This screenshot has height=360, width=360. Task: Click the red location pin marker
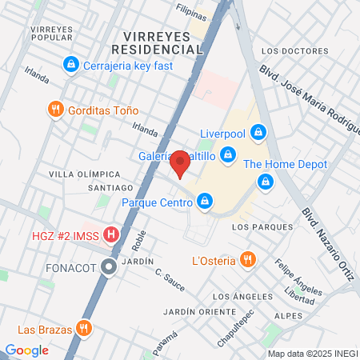point(180,163)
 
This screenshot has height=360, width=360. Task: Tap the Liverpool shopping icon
point(258,131)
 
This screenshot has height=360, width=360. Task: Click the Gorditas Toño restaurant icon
point(55,110)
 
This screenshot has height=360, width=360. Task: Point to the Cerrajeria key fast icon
point(71,64)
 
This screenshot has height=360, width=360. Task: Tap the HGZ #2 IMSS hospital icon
point(112,235)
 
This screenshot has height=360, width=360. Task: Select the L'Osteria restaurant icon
point(248,260)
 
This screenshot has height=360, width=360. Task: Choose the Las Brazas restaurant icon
point(82,328)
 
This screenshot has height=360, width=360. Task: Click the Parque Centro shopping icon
point(206,202)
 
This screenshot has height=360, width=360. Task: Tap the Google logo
point(26,350)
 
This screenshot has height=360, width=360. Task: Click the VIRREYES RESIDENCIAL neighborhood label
point(163,42)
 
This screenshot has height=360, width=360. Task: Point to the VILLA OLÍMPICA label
point(84,174)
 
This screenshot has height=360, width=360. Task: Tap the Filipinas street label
point(191,14)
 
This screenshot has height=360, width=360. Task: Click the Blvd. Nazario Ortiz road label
point(327,245)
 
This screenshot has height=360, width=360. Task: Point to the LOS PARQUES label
point(257,227)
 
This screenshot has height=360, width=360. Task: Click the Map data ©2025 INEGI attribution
point(311,353)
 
